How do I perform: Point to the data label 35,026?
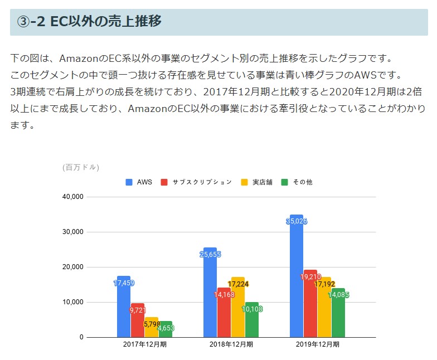(x=297, y=221)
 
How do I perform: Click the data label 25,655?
(x=210, y=255)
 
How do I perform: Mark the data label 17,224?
(x=238, y=284)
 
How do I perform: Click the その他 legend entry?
(x=297, y=182)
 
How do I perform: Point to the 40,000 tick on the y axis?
(x=72, y=197)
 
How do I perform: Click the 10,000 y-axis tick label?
(x=72, y=302)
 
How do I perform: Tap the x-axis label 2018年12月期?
(x=231, y=344)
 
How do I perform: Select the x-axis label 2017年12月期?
(x=145, y=344)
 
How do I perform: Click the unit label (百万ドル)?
(x=81, y=167)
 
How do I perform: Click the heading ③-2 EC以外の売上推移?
(x=89, y=22)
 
